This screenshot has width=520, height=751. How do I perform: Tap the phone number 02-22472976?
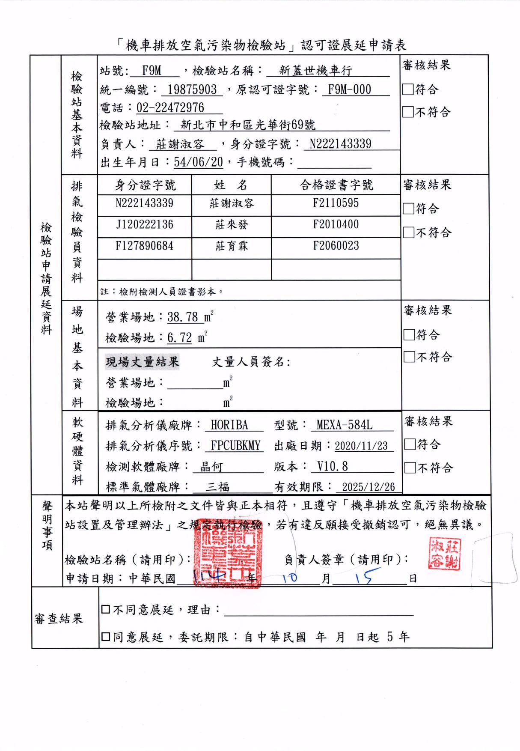(170, 107)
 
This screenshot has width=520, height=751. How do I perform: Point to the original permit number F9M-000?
(349, 89)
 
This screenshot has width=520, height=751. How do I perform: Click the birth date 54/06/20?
(199, 162)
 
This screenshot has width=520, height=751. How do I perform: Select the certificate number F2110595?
(336, 203)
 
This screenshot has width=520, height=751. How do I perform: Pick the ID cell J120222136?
(144, 224)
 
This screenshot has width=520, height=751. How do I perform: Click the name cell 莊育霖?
(232, 246)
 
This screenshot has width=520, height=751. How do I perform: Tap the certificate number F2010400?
(336, 224)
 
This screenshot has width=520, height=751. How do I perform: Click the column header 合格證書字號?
(336, 185)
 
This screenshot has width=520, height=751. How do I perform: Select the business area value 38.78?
(183, 317)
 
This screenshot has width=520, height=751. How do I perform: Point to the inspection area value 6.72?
(180, 338)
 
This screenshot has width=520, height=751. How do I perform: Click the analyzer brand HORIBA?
(229, 425)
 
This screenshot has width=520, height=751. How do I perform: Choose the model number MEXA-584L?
(345, 425)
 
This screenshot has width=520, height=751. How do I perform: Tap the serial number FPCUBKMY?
(236, 446)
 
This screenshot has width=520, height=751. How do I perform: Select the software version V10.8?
(333, 466)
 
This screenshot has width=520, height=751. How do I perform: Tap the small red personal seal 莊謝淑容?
(444, 555)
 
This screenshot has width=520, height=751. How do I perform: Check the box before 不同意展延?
(106, 610)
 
